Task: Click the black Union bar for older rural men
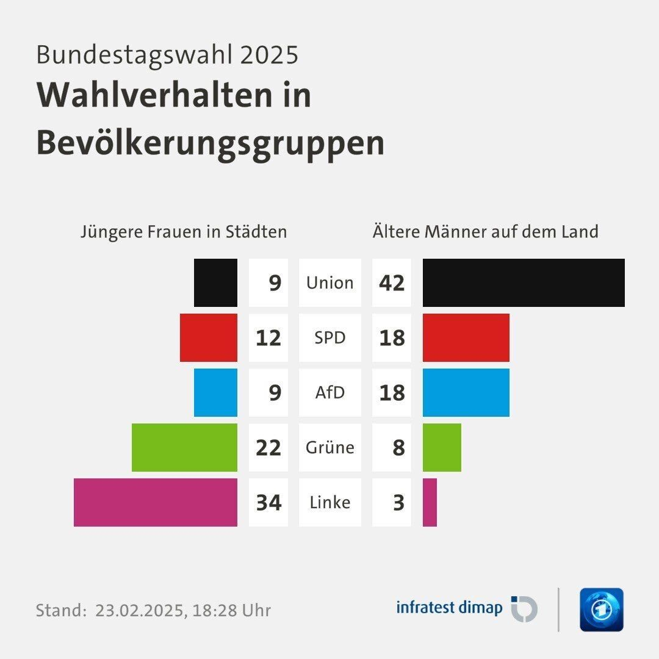pos(524,283)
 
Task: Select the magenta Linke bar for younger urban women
pos(156,502)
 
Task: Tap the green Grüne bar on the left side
pos(184,447)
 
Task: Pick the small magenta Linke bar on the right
pos(430,502)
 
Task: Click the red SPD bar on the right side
pos(466,337)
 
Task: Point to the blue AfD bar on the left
pos(215,392)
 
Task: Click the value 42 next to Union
pos(392,283)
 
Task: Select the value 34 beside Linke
pos(268,503)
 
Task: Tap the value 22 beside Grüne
pos(268,448)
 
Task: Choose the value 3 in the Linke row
pos(398,503)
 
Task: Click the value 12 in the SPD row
pos(268,338)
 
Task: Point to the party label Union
pos(329,283)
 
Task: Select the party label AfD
pos(329,392)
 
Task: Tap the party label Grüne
pos(329,447)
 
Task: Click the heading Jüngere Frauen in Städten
pos(184,232)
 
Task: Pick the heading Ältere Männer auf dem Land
pos(485,232)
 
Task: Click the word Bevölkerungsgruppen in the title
pos(211,144)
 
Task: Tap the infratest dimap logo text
pos(449,608)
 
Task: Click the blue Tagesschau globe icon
pos(601,610)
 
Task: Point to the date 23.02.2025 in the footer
pos(139,610)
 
